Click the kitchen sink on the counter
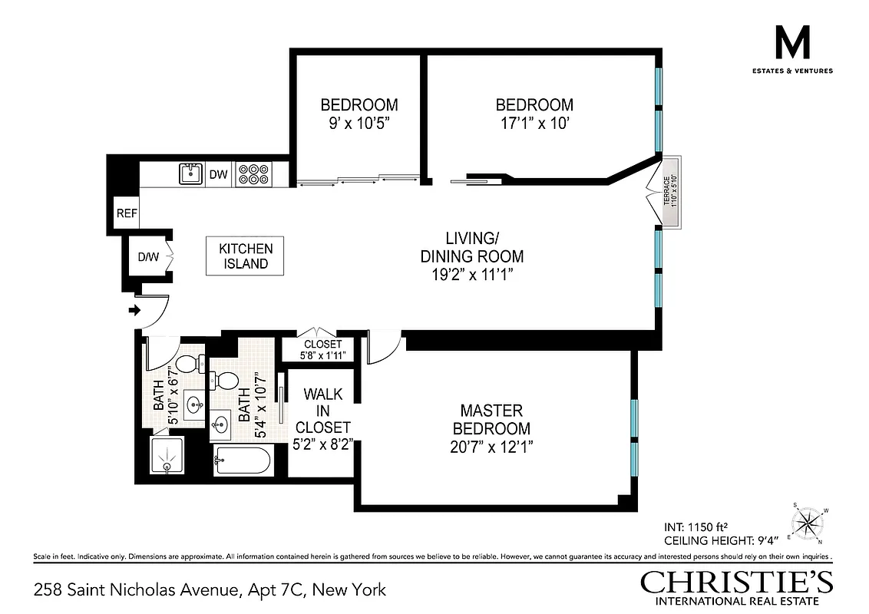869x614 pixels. click(x=189, y=174)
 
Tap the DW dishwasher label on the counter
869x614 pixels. click(x=219, y=175)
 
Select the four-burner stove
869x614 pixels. click(x=250, y=174)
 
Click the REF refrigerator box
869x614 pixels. click(x=126, y=213)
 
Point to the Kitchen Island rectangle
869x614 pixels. click(x=246, y=256)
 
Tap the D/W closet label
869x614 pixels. click(x=147, y=256)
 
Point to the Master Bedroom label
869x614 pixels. click(x=491, y=420)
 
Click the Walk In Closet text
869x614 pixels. click(x=322, y=411)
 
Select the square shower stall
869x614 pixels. click(x=167, y=459)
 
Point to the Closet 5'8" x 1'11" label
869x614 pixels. click(x=322, y=350)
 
